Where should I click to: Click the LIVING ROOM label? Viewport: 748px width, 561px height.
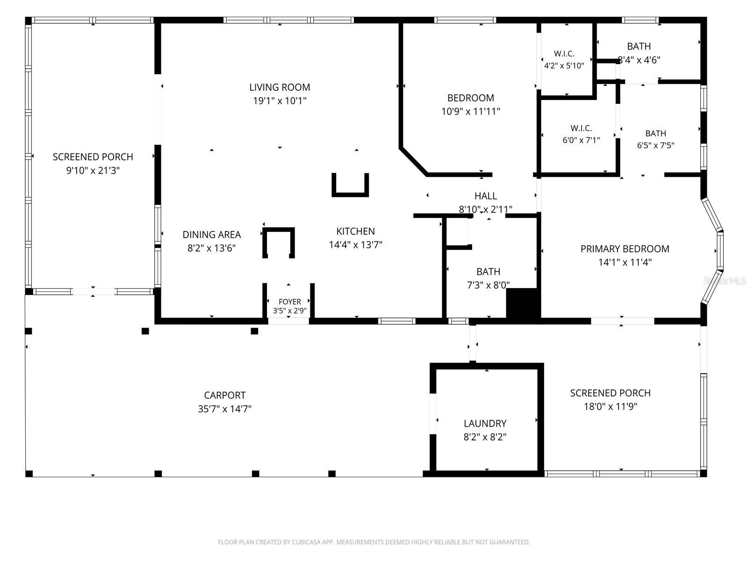280,87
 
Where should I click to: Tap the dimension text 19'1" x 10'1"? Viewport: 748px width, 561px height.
280,101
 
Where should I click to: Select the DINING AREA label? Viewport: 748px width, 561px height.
212,235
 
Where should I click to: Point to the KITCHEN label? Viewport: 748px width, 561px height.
355,231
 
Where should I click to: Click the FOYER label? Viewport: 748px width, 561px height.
290,302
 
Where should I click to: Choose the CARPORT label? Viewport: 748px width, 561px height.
224,395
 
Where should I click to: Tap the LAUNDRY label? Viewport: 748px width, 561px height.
485,424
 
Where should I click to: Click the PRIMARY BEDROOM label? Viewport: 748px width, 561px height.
625,249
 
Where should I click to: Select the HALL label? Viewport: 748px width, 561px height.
486,196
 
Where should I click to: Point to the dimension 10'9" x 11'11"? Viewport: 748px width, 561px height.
471,111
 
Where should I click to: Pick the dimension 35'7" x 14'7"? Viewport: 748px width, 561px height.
224,409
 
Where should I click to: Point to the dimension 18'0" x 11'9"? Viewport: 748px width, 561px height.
611,406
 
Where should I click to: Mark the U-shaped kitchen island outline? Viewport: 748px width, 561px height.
350,195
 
